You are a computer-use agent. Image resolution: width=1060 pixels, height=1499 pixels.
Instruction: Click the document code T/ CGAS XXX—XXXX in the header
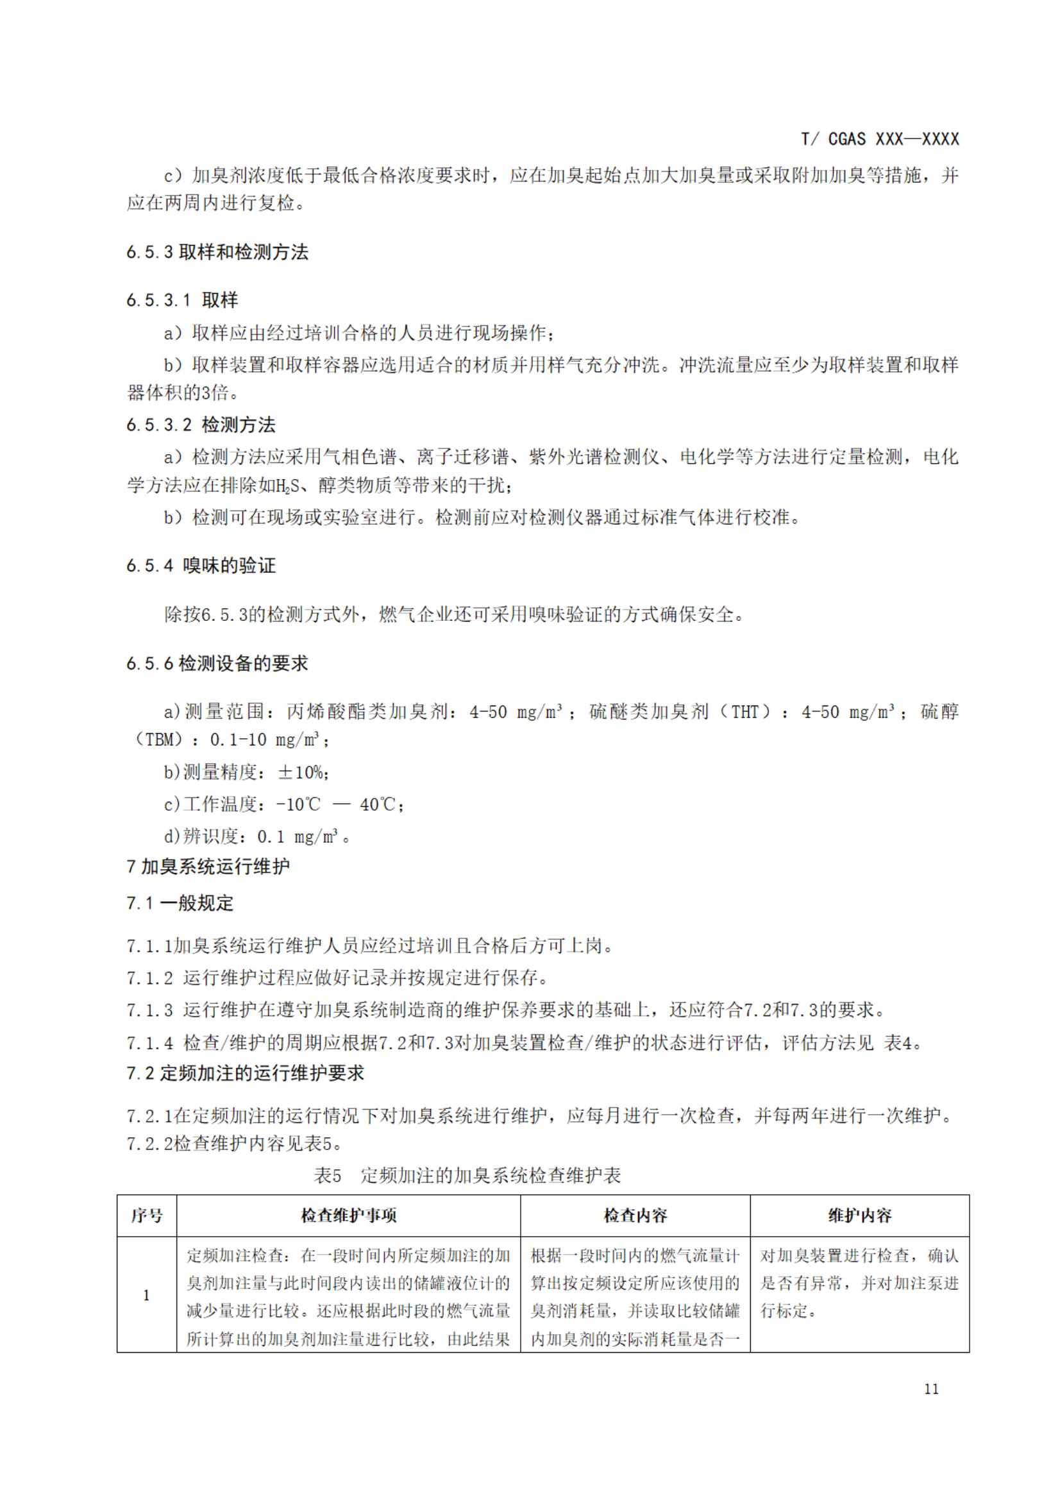880,139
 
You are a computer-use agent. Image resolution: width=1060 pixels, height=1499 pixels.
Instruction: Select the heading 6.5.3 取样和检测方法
217,253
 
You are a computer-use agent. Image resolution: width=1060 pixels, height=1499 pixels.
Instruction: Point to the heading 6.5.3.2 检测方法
201,425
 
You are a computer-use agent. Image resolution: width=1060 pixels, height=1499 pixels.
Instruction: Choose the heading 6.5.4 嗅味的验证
201,565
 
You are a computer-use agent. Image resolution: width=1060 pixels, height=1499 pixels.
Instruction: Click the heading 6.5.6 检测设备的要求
217,664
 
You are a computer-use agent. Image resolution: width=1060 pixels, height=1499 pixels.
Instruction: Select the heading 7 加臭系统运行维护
208,867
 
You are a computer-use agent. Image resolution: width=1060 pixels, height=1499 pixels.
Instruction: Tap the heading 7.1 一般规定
180,904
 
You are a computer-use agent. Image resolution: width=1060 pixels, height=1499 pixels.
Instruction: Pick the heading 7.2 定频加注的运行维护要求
246,1072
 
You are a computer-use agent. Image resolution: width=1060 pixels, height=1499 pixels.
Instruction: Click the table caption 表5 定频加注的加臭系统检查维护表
467,1176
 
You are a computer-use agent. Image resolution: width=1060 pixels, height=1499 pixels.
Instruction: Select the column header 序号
147,1215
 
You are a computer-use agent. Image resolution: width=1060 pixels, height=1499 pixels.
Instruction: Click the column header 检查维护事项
349,1215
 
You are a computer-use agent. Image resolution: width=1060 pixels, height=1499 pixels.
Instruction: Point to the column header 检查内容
635,1215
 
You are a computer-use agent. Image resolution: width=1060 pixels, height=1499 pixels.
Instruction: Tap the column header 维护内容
860,1215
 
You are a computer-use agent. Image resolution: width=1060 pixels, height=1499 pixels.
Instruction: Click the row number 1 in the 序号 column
147,1295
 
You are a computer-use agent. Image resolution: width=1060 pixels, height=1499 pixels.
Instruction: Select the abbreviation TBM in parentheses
160,740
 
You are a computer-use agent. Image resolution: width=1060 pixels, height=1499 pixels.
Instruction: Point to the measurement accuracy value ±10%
300,772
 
